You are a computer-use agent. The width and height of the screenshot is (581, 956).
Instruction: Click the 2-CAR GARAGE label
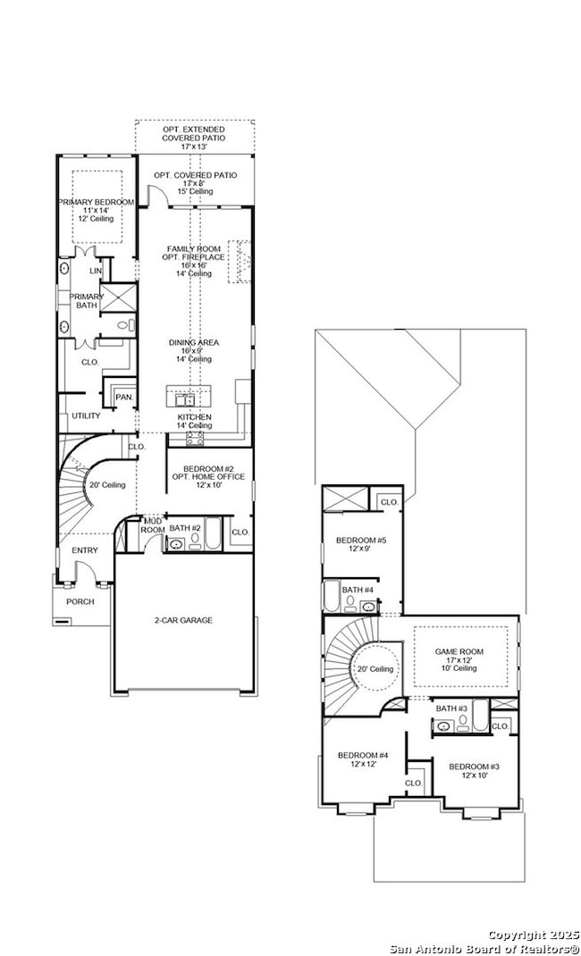tap(182, 619)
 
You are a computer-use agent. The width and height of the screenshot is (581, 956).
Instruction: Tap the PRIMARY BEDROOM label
tap(97, 203)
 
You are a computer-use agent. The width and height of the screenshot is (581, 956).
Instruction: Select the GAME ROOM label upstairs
tap(459, 651)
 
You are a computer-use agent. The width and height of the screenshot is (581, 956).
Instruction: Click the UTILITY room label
tap(86, 415)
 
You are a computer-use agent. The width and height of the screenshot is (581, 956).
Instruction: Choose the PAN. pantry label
tap(124, 396)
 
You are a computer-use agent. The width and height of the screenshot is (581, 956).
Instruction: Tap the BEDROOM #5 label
tap(361, 541)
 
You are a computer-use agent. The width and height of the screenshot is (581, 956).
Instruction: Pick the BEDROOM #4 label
tap(362, 756)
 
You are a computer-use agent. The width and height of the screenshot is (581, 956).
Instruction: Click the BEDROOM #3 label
tap(474, 767)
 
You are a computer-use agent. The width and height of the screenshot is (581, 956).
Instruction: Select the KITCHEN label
tap(194, 417)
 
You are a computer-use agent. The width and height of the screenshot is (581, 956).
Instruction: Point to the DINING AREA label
tap(194, 342)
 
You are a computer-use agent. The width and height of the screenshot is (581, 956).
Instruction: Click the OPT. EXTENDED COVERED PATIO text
tap(194, 130)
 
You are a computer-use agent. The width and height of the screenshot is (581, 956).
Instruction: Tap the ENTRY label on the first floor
tap(85, 550)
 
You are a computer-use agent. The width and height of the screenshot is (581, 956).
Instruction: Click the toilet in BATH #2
tap(195, 540)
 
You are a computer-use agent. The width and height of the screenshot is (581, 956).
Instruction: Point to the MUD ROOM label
tap(153, 524)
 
